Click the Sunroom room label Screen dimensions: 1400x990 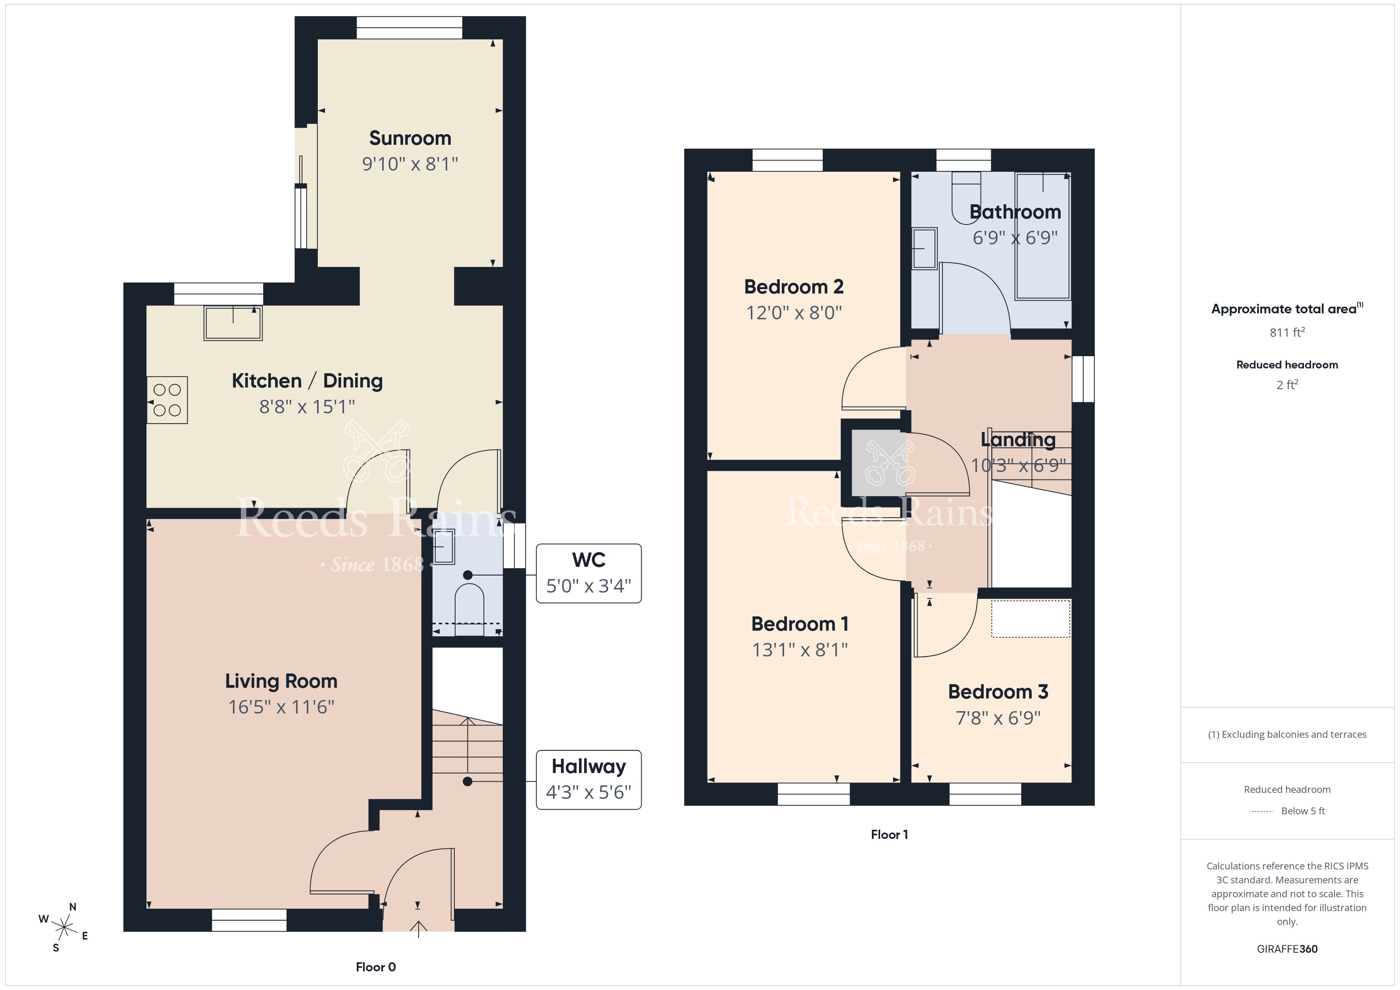tap(410, 138)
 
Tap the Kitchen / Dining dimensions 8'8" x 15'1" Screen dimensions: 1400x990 tap(307, 407)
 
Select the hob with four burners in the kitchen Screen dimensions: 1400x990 tap(167, 400)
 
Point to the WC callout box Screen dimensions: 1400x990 tap(588, 573)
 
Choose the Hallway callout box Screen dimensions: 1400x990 tap(588, 780)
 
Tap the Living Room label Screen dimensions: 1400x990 tap(281, 681)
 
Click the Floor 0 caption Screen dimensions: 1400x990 tap(376, 967)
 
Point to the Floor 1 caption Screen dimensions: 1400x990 tap(889, 835)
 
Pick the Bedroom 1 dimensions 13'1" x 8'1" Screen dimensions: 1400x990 tap(799, 650)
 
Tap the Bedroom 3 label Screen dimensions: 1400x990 tap(998, 692)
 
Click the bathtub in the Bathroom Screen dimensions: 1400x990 tap(1043, 236)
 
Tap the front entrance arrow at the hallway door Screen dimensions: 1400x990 tap(418, 929)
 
